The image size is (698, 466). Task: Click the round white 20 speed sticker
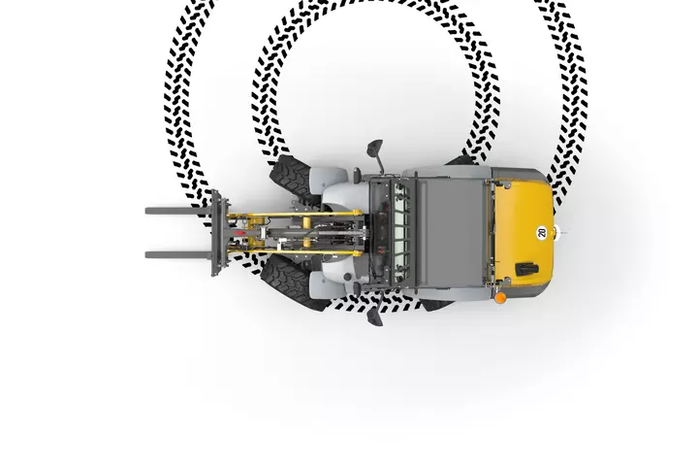541,232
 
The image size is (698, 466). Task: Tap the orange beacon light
500,297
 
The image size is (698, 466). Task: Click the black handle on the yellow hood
527,269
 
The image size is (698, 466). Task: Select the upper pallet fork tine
179,211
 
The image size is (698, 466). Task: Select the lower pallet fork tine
179,255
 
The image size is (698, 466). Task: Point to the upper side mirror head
375,148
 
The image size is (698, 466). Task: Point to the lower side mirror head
375,316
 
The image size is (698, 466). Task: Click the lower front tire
292,285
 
